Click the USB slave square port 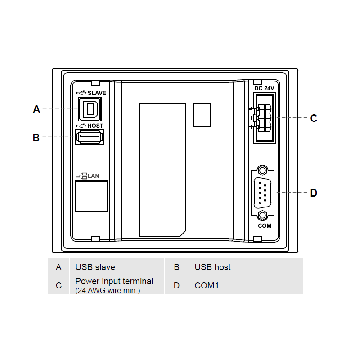click(x=90, y=109)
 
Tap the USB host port click(x=90, y=137)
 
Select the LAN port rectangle click(x=91, y=197)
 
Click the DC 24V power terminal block click(x=265, y=118)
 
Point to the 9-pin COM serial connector click(x=263, y=193)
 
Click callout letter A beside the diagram click(x=36, y=109)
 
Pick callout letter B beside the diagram click(x=36, y=138)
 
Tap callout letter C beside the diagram click(x=314, y=118)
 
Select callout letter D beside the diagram click(x=314, y=193)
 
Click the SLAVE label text click(x=97, y=93)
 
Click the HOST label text click(x=95, y=126)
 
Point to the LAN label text click(x=93, y=176)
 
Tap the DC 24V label click(x=264, y=88)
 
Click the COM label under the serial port click(x=265, y=226)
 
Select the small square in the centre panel click(x=202, y=115)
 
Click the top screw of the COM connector click(x=262, y=171)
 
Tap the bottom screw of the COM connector click(x=262, y=216)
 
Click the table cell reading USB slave click(x=117, y=267)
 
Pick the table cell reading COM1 click(x=246, y=285)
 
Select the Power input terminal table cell click(x=117, y=285)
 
